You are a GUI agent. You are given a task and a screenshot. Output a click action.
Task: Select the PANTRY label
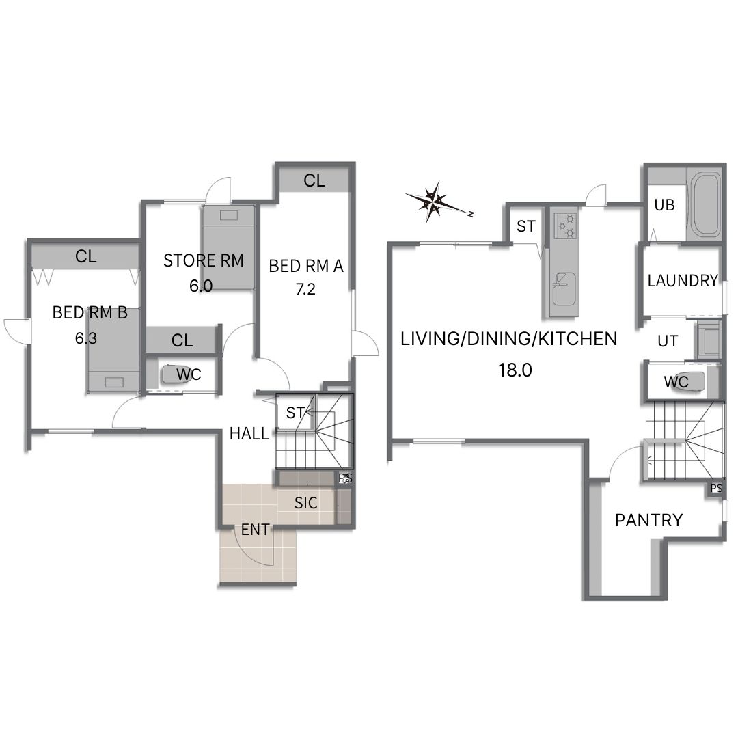[x=648, y=520]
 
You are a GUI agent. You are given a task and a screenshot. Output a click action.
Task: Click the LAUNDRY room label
[x=683, y=281]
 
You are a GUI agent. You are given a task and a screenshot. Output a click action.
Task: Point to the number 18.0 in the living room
[x=515, y=370]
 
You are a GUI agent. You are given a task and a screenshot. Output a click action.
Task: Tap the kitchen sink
[x=563, y=288]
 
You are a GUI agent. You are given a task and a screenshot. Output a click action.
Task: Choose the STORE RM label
[x=204, y=260]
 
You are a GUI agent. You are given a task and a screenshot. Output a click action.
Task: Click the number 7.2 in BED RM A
[x=305, y=288]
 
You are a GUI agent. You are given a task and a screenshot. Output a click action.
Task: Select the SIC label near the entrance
[x=306, y=503]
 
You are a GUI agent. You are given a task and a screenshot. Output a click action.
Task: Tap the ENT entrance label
[x=255, y=530]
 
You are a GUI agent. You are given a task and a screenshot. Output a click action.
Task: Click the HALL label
[x=249, y=433]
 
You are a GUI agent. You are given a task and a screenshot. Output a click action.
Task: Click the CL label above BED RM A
[x=314, y=180]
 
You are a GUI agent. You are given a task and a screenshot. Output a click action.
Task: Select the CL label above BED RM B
[x=85, y=256]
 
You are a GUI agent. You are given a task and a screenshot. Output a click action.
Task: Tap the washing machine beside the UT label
[x=709, y=340]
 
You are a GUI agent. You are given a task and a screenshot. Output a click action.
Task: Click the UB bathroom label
[x=665, y=205]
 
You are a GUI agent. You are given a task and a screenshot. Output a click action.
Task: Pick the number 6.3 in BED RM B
[x=85, y=338]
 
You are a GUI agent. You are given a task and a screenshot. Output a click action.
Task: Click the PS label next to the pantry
[x=716, y=489]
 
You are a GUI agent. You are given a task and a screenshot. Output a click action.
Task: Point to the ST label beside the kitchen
[x=525, y=226]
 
